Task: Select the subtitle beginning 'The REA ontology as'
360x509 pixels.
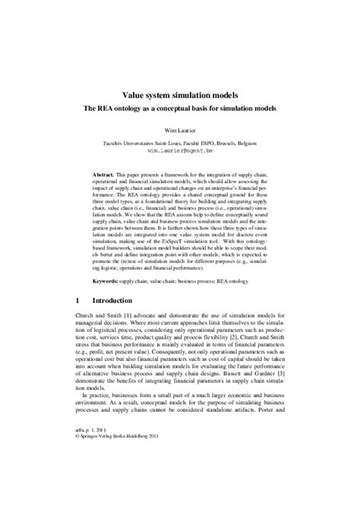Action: tap(179, 109)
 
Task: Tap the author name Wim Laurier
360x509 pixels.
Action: tap(180, 131)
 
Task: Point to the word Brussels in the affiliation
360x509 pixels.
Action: tap(232, 144)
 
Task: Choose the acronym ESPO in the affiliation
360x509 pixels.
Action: tap(206, 144)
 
